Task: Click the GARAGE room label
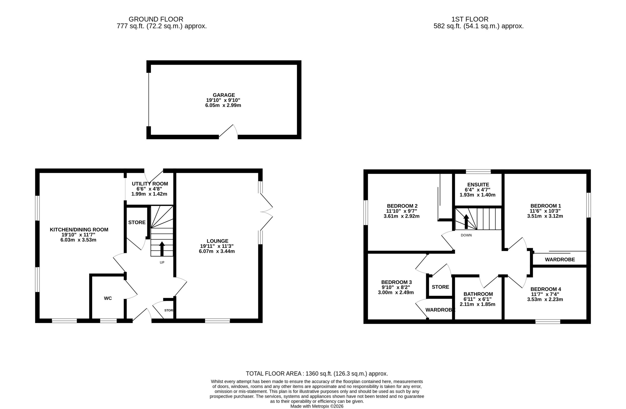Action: [x=224, y=95]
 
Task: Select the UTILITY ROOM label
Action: [x=150, y=184]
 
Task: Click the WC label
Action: [x=108, y=298]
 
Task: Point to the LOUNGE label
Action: [x=217, y=241]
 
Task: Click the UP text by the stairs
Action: [x=162, y=262]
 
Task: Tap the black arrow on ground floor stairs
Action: [x=162, y=248]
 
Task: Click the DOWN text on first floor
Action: [x=466, y=235]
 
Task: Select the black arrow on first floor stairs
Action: [x=466, y=221]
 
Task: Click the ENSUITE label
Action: [x=478, y=185]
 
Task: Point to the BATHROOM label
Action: [x=478, y=294]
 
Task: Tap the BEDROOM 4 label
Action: [x=546, y=289]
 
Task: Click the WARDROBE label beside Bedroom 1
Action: [x=560, y=259]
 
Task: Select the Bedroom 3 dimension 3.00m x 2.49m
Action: [x=396, y=292]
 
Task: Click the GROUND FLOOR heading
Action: [x=156, y=19]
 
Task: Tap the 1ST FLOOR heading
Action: [x=470, y=19]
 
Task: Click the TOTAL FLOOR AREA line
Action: [x=317, y=374]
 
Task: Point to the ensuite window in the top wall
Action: [x=478, y=172]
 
